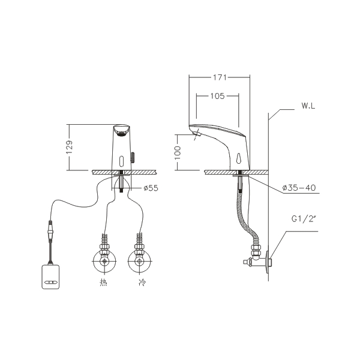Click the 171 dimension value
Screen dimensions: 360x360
click(x=220, y=77)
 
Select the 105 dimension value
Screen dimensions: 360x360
click(x=217, y=96)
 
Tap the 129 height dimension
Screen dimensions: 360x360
click(x=69, y=147)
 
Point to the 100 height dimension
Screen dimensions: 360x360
click(x=178, y=152)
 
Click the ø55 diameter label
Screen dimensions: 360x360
click(x=151, y=188)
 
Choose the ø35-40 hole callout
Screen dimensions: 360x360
click(x=299, y=188)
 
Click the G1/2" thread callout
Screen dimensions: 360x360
click(x=302, y=219)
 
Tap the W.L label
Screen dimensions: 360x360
click(x=308, y=106)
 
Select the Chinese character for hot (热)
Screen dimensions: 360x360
click(x=103, y=282)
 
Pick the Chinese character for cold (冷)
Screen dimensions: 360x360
click(x=142, y=282)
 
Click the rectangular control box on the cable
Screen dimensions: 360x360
click(x=50, y=277)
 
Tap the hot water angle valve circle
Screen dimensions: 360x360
click(x=104, y=261)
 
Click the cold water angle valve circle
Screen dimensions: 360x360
click(x=139, y=261)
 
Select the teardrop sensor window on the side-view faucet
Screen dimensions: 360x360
click(x=238, y=158)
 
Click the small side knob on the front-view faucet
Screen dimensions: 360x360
click(x=133, y=157)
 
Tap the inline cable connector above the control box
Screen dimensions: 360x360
click(x=50, y=230)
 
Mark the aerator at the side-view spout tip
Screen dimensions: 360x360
click(x=196, y=134)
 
